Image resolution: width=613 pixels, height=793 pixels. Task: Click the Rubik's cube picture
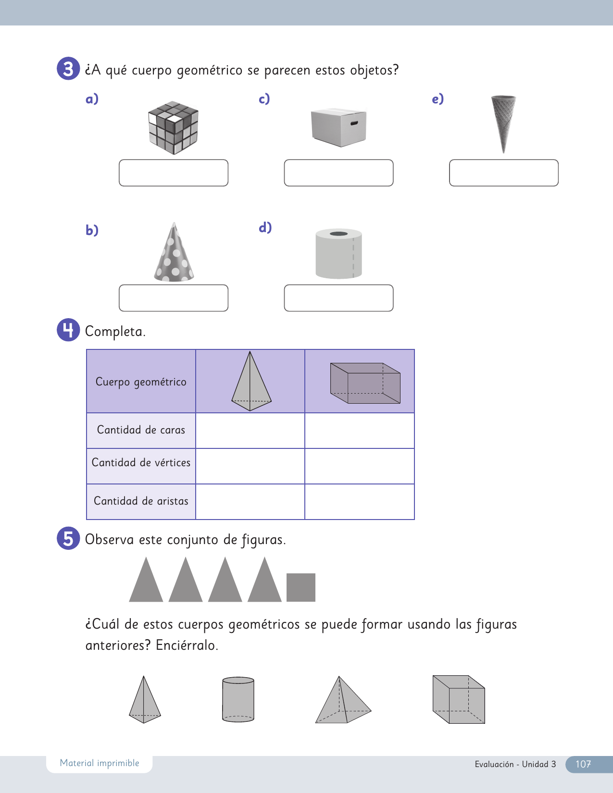click(x=173, y=127)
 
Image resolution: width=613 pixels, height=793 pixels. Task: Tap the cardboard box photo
click(x=339, y=127)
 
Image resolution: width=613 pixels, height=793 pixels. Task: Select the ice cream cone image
click(x=503, y=123)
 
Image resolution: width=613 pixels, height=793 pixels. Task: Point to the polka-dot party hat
click(x=174, y=254)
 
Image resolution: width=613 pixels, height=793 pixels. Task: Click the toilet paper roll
click(x=338, y=254)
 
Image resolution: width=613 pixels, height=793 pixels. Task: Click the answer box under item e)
click(x=503, y=173)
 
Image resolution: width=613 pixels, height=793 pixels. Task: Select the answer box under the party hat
click(x=174, y=298)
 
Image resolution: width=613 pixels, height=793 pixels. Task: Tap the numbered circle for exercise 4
click(x=68, y=330)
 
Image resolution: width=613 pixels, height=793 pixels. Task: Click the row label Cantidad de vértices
click(x=141, y=463)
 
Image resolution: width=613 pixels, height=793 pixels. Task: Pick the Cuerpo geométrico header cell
click(x=141, y=382)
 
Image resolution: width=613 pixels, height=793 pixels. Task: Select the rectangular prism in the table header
click(x=365, y=383)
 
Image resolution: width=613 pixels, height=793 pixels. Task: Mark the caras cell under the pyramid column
click(x=250, y=431)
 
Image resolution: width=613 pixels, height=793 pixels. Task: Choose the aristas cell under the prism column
click(x=360, y=501)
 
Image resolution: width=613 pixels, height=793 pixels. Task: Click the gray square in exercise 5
click(x=301, y=587)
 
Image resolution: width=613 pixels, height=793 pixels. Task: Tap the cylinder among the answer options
click(x=238, y=699)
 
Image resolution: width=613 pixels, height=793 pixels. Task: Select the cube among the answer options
click(x=459, y=699)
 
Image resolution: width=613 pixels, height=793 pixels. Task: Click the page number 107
click(x=583, y=764)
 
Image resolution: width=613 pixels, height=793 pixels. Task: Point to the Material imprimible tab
click(x=100, y=763)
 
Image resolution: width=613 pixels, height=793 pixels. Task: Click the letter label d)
click(x=265, y=227)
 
